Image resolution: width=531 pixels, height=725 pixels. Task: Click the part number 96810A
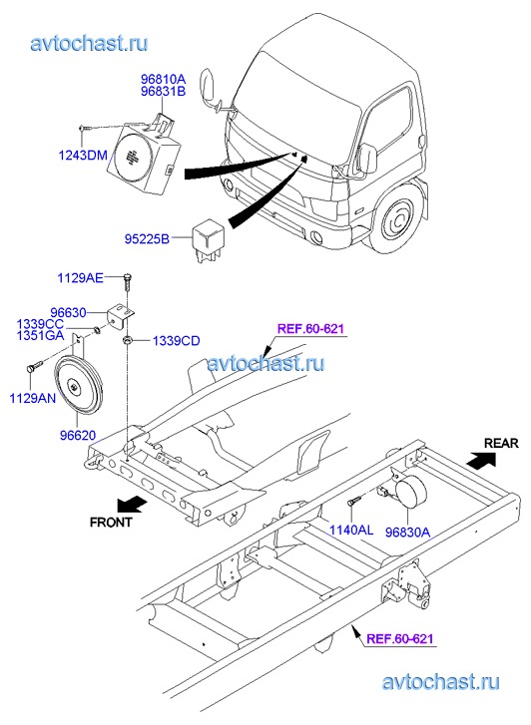[x=163, y=79]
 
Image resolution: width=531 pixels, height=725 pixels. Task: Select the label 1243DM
[x=83, y=155]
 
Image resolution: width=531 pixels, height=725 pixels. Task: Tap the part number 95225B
[x=147, y=239]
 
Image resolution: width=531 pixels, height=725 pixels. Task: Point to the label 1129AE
[x=80, y=278]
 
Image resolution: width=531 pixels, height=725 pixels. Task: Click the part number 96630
[x=69, y=313]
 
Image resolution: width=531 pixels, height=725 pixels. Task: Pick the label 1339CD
[x=177, y=341]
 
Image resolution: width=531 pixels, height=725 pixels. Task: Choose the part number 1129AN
[x=33, y=398]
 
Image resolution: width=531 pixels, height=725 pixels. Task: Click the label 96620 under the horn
[x=78, y=435]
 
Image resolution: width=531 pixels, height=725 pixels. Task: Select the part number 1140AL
[x=351, y=530]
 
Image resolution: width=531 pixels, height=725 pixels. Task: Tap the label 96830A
[x=408, y=533]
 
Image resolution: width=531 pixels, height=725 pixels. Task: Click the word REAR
[x=501, y=444]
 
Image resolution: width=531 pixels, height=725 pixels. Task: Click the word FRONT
[x=111, y=522]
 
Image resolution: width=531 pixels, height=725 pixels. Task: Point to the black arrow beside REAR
[x=481, y=460]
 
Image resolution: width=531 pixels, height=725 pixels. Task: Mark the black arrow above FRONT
[x=133, y=504]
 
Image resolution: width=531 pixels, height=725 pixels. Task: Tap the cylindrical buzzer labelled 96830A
[x=409, y=492]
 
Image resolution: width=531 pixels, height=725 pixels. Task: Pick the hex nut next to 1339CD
[x=127, y=341]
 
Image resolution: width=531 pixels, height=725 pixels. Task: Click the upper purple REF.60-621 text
[x=310, y=329]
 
